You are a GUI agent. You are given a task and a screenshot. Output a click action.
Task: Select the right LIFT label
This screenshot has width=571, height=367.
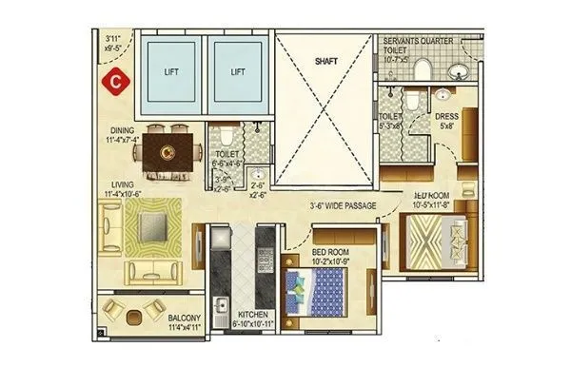click(x=238, y=70)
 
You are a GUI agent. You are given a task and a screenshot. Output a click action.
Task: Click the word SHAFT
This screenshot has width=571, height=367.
click(x=327, y=60)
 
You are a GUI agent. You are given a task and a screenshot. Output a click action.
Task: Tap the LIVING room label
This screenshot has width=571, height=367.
click(x=121, y=184)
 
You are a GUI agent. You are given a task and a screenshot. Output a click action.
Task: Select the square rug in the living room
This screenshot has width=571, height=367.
click(x=153, y=227)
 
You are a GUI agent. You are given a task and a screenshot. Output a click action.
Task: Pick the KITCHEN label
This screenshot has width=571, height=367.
click(x=252, y=315)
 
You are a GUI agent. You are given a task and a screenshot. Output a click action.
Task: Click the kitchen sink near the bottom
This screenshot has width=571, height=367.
click(x=222, y=306)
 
